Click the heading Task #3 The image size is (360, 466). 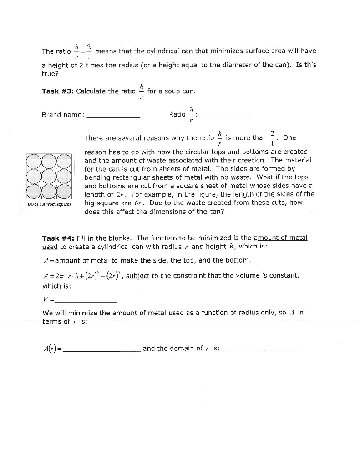(x=57, y=91)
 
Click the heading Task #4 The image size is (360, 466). (x=57, y=238)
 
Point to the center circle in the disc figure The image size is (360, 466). (x=49, y=177)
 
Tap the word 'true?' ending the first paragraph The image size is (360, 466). (x=50, y=73)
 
